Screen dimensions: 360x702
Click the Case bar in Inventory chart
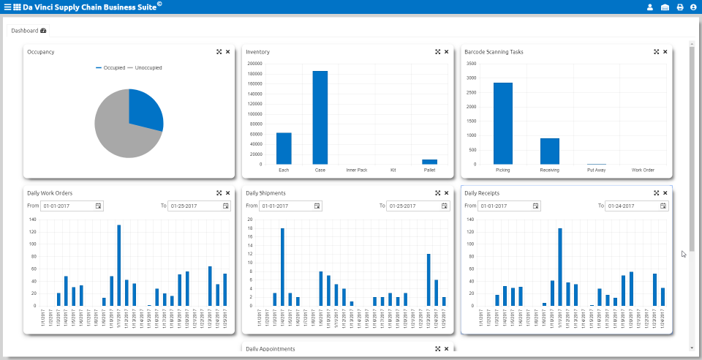point(320,117)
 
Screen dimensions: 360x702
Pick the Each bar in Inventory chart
point(284,149)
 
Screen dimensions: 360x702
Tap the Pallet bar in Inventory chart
point(429,162)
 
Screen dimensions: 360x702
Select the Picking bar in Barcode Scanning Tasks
point(503,123)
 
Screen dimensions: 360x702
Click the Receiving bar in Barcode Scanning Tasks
point(550,151)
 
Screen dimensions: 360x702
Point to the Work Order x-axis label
point(643,170)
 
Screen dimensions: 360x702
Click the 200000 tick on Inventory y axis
point(255,63)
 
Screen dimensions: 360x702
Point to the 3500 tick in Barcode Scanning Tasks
point(471,63)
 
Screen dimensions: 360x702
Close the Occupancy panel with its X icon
point(227,52)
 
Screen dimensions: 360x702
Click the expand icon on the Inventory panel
point(437,52)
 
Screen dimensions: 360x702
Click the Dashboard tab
point(29,31)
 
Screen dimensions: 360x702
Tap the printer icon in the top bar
point(679,7)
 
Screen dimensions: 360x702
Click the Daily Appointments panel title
point(270,349)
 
